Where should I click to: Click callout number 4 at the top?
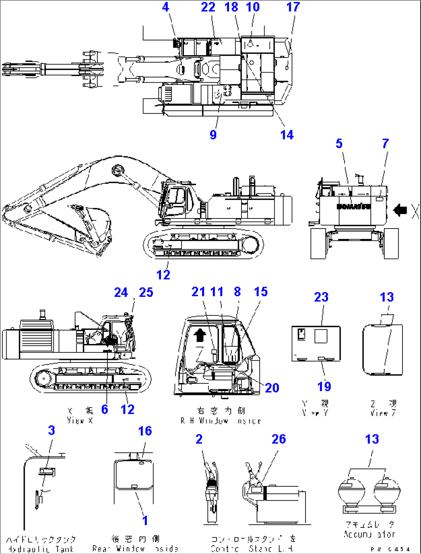pos(166,7)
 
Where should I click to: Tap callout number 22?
pos(208,7)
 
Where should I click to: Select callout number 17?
pos(293,7)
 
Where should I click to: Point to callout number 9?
pos(213,135)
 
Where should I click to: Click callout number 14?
pos(287,135)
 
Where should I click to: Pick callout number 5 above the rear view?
pos(339,144)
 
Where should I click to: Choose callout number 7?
pos(385,144)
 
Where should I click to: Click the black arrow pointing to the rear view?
pos(400,210)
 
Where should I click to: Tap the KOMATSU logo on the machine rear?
pos(353,207)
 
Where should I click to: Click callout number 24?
pos(121,293)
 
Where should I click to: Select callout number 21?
pos(198,292)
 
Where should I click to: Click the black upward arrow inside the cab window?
pos(199,335)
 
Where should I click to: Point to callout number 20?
pos(272,388)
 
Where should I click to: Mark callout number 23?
pos(321,297)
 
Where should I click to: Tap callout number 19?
pos(324,386)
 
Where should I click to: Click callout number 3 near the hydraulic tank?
pos(51,430)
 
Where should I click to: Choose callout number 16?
pos(145,431)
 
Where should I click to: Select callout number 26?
pos(278,439)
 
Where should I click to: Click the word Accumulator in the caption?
pos(370,535)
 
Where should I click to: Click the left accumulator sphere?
pos(350,490)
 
